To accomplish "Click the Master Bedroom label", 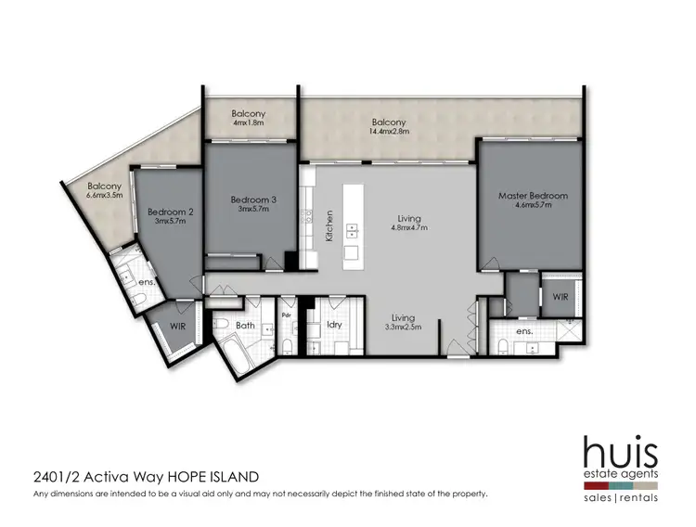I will click(533, 196).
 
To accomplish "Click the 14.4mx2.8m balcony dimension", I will click(389, 133).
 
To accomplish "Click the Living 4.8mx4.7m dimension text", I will click(404, 227).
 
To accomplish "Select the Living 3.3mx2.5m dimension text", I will click(404, 327).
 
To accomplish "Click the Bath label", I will click(245, 326).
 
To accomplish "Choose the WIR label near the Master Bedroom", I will click(561, 298).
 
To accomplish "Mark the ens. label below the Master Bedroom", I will click(525, 330).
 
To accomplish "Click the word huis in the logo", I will click(620, 453).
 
